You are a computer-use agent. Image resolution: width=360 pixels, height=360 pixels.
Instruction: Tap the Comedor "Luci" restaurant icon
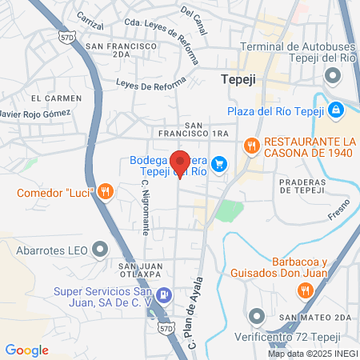105,191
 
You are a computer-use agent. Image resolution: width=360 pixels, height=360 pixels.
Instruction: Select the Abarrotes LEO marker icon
99,250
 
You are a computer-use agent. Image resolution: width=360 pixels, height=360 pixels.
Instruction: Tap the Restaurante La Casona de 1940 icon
253,145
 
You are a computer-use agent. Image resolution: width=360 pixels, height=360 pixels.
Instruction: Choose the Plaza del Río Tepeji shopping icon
338,109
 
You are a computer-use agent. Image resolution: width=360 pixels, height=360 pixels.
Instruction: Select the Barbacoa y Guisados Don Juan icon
305,290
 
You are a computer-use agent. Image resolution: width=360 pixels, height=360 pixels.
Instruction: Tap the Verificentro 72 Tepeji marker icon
256,315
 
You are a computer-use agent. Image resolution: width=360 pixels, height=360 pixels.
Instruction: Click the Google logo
27,350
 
